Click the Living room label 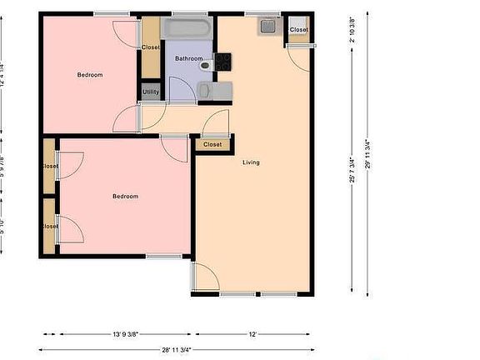coord(251,162)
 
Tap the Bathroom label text coord(188,58)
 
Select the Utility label coord(151,92)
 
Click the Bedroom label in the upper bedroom coord(90,75)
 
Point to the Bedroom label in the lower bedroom coord(125,196)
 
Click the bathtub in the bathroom coord(187,28)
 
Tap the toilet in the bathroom coord(206,64)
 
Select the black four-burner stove coord(222,61)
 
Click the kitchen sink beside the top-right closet coord(268,27)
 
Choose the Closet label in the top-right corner coord(298,30)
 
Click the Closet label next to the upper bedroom coord(151,47)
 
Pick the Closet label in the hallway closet coord(213,144)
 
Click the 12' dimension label coord(252,334)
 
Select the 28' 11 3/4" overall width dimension coord(177,350)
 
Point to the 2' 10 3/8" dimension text coord(353,29)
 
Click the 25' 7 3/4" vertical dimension coord(353,167)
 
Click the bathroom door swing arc coord(177,86)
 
